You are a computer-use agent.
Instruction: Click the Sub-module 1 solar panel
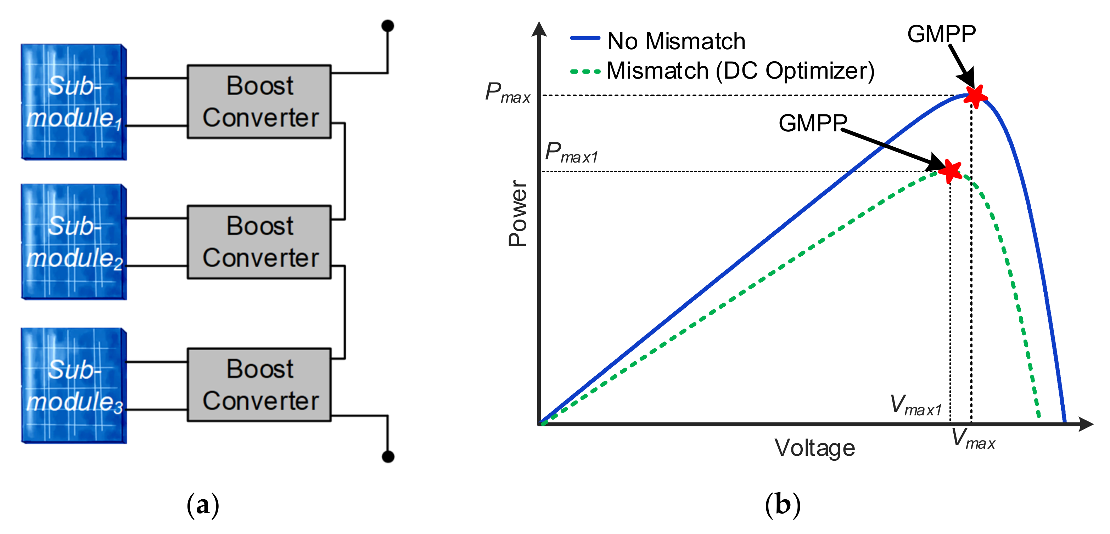click(x=74, y=102)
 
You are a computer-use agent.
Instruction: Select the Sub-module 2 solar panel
click(x=74, y=242)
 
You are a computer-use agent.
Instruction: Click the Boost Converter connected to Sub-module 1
click(x=259, y=102)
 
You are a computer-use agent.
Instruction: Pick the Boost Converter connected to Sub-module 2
click(x=259, y=242)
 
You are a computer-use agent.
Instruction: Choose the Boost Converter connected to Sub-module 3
click(x=259, y=385)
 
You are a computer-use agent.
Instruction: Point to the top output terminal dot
click(x=388, y=26)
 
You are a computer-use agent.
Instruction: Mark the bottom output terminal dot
click(x=388, y=456)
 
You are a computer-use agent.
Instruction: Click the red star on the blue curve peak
click(x=975, y=96)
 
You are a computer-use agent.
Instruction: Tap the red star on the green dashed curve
click(x=950, y=171)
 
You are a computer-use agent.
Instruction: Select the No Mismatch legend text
click(x=676, y=41)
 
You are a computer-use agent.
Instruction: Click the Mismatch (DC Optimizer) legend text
click(x=740, y=70)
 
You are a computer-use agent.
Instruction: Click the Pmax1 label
click(x=571, y=153)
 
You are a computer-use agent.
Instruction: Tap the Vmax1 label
click(x=916, y=406)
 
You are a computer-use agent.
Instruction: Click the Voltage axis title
click(x=814, y=448)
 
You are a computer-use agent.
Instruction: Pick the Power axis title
click(x=518, y=213)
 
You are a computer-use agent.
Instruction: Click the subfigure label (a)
click(x=202, y=505)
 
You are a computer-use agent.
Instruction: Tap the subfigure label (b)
click(x=783, y=505)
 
